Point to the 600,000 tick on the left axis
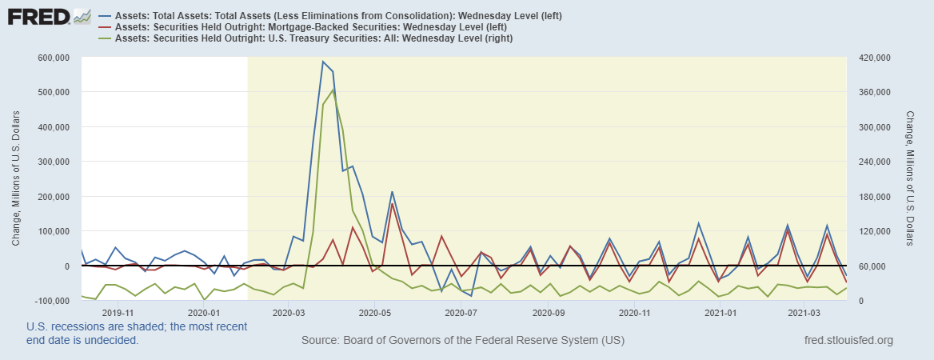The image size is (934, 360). [51, 58]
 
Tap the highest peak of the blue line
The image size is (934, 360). [323, 62]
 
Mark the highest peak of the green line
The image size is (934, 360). [333, 90]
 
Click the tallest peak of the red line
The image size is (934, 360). [393, 203]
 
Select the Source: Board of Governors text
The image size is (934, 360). [463, 342]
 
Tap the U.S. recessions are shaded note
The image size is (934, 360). [137, 333]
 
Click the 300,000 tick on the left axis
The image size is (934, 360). [51, 162]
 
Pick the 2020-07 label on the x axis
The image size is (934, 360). [459, 313]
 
